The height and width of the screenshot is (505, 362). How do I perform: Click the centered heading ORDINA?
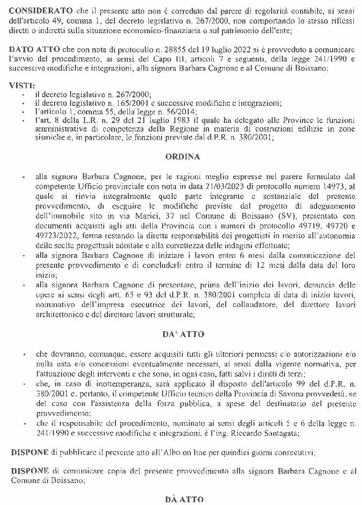182,157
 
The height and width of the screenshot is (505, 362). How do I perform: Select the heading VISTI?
23,85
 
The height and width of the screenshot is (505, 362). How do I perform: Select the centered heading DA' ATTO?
182,334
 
